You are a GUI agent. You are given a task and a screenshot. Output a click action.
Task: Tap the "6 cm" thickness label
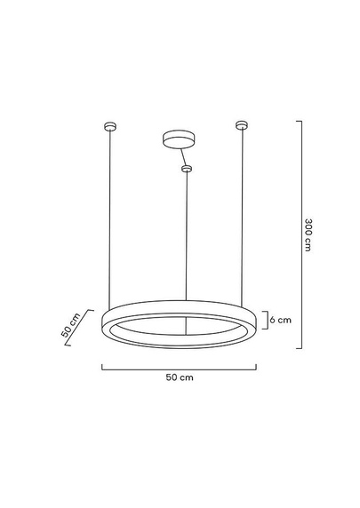280,319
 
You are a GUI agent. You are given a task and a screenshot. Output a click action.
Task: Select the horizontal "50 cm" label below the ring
180,377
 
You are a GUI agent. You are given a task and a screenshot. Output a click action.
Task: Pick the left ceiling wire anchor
110,124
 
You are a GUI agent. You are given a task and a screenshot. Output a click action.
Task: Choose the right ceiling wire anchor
240,124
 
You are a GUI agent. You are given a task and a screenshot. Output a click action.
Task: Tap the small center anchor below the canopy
187,168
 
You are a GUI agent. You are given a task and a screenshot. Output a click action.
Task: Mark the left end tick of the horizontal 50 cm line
102,366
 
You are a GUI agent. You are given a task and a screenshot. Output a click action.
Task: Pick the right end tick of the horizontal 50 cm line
258,366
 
